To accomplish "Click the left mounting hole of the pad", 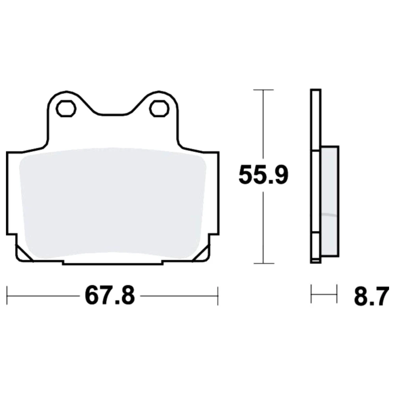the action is pos(66,109).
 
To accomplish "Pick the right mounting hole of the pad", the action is pos(159,109).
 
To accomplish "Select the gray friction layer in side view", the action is pos(330,201).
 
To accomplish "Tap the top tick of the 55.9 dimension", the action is pos(263,90).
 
